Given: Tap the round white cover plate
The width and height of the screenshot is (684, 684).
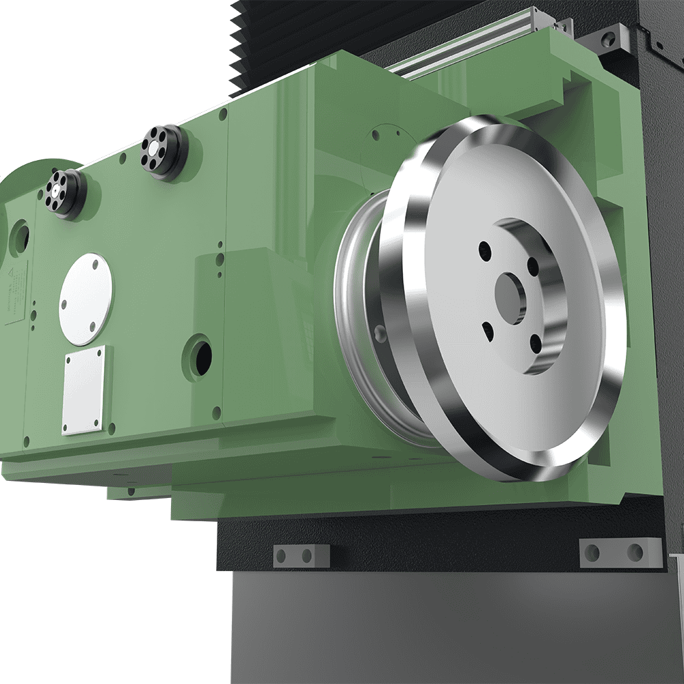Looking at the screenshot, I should coord(86,299).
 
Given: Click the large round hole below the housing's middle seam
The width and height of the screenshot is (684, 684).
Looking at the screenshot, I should coord(200,356).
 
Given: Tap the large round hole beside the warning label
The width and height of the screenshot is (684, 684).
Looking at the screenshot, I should coord(20,237).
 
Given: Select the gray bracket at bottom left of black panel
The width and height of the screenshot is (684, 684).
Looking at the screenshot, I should coord(301,555).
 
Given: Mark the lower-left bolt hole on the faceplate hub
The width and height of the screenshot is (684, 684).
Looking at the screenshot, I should coord(487,330).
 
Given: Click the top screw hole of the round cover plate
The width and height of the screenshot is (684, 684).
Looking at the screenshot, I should coord(96,259).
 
